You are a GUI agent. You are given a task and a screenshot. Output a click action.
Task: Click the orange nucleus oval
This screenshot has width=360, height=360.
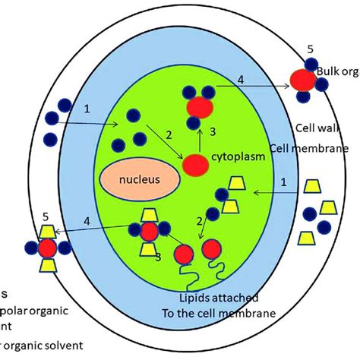tap(138, 180)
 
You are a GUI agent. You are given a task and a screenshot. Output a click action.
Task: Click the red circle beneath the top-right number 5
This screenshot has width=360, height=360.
tap(303, 79)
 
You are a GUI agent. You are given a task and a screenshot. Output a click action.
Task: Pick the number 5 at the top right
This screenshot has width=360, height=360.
tap(310, 49)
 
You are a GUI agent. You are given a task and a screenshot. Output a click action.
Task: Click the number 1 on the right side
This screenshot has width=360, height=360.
tap(283, 182)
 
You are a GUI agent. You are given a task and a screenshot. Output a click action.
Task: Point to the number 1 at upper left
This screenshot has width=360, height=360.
tap(87, 109)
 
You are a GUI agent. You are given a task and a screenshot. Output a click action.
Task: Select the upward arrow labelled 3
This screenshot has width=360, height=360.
tap(199, 137)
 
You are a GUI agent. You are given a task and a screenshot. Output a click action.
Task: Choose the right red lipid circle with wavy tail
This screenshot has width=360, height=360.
tap(213, 251)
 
